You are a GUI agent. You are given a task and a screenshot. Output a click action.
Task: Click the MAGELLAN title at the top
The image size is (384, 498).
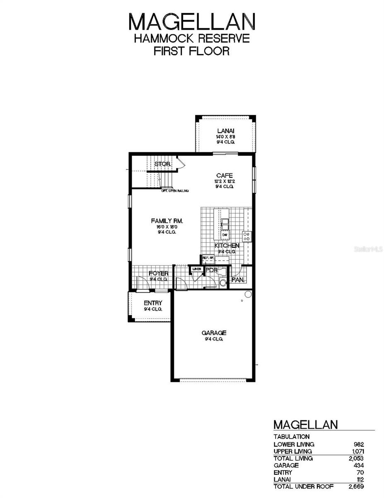[x=192, y=21]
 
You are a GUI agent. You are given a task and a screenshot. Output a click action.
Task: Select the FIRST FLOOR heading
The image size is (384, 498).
[x=192, y=51]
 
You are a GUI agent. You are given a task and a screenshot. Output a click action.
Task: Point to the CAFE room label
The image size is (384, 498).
[x=224, y=176]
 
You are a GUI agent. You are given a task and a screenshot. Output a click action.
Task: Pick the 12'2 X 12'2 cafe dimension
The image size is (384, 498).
[x=224, y=181]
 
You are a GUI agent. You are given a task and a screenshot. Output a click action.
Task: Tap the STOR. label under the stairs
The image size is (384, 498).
[x=162, y=164]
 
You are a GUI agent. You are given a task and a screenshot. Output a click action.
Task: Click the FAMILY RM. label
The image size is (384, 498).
[x=167, y=221]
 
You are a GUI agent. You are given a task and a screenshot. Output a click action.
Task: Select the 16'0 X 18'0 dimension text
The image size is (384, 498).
[x=167, y=227]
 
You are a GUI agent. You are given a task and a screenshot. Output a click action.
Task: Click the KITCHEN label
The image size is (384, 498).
[x=227, y=246]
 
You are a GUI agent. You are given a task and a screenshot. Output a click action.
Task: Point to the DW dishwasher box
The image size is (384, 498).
[x=225, y=235]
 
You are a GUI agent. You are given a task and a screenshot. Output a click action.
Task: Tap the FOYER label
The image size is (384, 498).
[x=159, y=273]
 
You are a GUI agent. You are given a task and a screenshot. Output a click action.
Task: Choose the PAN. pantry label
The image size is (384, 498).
[x=238, y=280]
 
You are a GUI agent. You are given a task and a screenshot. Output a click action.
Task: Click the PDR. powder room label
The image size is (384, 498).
[x=212, y=270]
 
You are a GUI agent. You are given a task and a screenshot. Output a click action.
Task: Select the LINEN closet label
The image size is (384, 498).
[x=196, y=269]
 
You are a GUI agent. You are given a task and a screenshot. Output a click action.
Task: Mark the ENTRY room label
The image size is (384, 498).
[x=153, y=303]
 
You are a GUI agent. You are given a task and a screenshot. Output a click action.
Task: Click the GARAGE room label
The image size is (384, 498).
[x=214, y=333]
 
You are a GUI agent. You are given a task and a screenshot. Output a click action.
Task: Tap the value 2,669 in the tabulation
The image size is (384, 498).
[x=356, y=486]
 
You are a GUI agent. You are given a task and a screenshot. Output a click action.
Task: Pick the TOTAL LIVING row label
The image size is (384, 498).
[x=293, y=458]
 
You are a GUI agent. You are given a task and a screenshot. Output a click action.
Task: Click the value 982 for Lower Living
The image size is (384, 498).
[x=358, y=444]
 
